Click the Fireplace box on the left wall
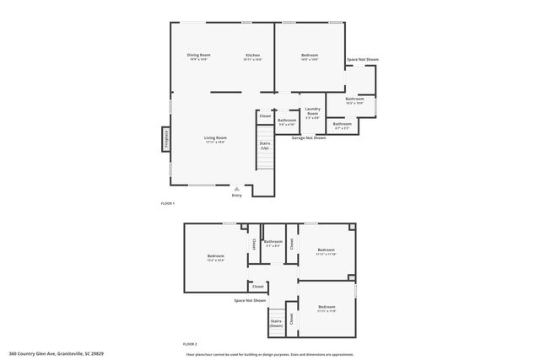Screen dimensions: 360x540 pos(166,139)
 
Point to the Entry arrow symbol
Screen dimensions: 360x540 pos(236,190)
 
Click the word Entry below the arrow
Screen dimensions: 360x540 pos(236,196)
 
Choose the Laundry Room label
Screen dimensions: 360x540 pos(312,110)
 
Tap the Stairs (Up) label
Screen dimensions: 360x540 pos(265,145)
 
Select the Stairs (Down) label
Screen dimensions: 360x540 pos(276,322)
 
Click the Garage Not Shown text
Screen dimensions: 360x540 pos(309,137)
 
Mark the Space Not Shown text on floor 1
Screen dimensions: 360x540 pos(363,60)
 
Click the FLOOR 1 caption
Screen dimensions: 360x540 pos(167,204)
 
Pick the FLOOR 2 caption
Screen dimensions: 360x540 pos(190,344)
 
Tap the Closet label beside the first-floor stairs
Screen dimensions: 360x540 pos(265,116)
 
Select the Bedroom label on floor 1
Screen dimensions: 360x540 pos(310,57)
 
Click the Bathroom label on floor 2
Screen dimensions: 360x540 pos(273,243)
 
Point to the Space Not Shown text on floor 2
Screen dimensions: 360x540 pos(250,300)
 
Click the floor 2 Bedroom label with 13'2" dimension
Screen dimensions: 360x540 pos(216,257)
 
